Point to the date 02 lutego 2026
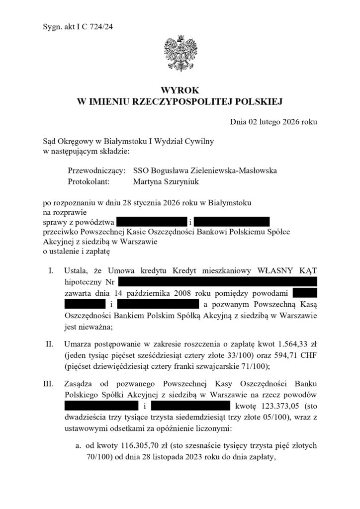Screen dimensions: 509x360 click(x=276, y=122)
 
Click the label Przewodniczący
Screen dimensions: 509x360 click(x=96, y=170)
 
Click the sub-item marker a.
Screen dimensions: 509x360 click(x=78, y=446)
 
